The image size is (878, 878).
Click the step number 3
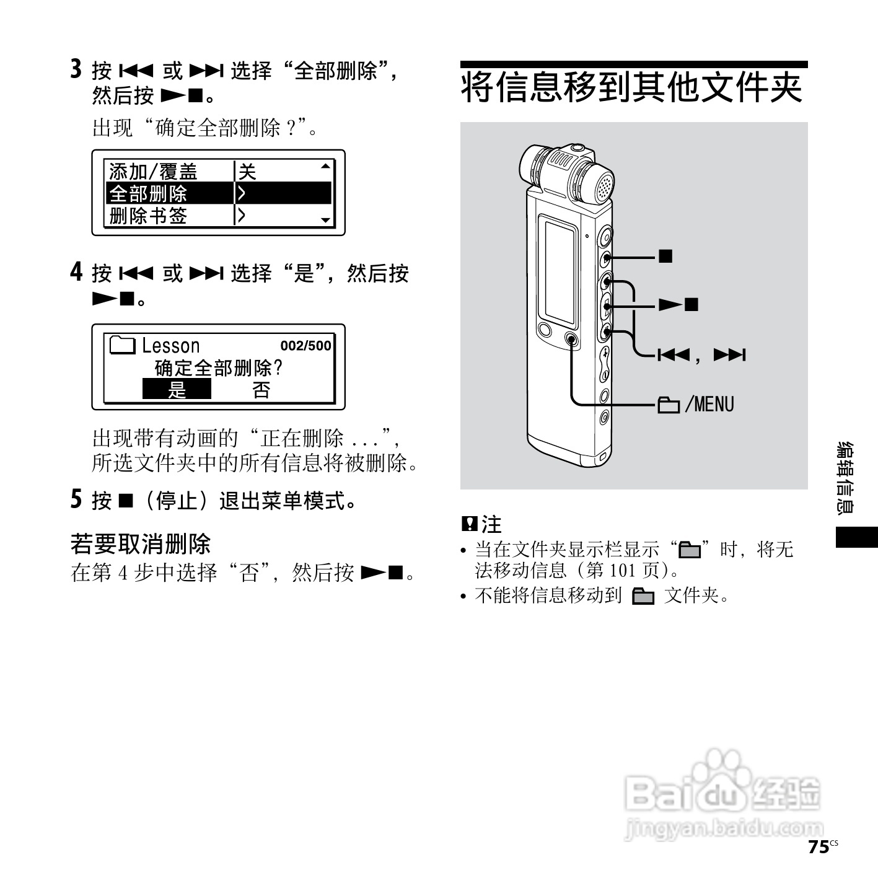pos(76,69)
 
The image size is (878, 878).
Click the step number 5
pos(76,499)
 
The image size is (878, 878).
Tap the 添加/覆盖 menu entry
pos(153,171)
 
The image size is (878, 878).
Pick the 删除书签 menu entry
pos(149,216)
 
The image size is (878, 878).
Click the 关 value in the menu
pos(248,171)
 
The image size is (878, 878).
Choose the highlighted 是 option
pos(177,390)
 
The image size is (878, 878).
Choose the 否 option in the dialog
pos(261,390)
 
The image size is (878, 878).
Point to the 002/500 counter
pos(305,346)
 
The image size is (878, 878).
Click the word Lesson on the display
pos(171,346)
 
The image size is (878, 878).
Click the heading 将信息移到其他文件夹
pos(633,87)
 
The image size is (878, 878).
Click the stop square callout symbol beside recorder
pos(665,256)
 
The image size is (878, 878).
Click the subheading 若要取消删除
pos(141,544)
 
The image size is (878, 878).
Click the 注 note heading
pos(491,525)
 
